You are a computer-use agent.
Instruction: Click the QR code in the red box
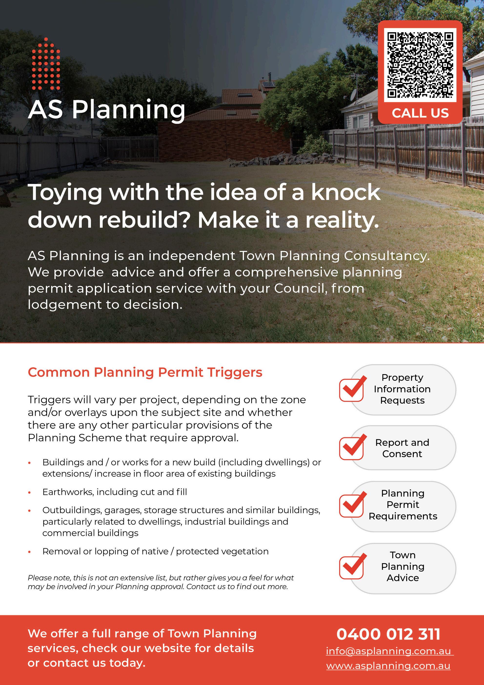420,65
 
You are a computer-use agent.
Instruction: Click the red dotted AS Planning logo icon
46,64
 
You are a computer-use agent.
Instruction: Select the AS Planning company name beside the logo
106,110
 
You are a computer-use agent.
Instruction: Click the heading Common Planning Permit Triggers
145,372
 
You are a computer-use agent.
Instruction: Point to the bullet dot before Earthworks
29,492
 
